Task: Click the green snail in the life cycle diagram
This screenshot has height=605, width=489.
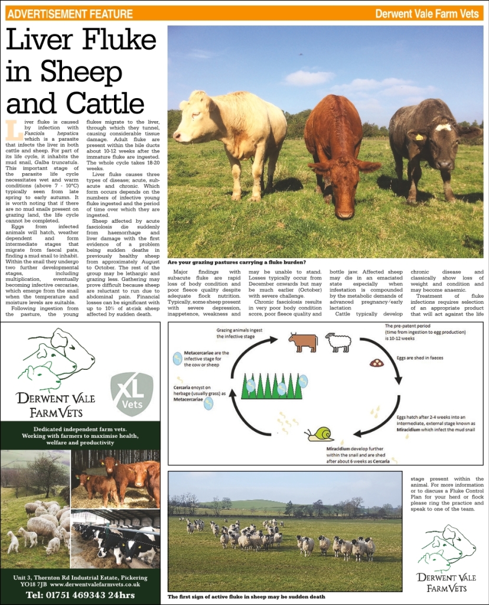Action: click(x=321, y=434)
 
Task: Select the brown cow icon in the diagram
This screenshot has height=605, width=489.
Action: click(x=302, y=342)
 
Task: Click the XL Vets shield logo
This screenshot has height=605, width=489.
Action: click(x=132, y=393)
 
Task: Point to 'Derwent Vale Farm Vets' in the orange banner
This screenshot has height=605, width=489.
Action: click(x=426, y=14)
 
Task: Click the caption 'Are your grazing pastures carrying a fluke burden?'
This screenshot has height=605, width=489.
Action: click(x=236, y=262)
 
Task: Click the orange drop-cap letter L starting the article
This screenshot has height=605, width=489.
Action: click(x=10, y=126)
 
